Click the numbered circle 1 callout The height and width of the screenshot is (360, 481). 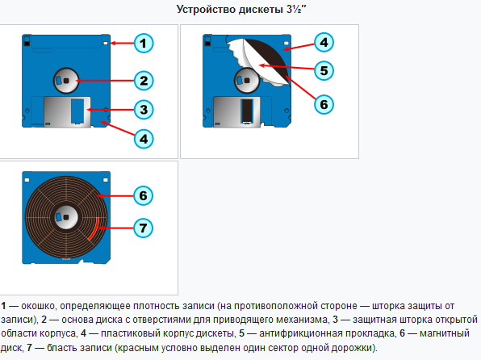[x=144, y=44]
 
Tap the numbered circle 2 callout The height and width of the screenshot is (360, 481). [x=144, y=81]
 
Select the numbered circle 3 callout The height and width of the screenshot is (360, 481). [x=144, y=110]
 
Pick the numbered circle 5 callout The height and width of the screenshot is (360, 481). [x=324, y=70]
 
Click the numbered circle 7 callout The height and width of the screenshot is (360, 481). [x=144, y=228]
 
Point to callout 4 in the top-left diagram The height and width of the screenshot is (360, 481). [x=144, y=139]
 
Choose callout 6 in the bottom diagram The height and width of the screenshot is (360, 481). [x=144, y=196]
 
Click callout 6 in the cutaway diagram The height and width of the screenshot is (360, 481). [x=324, y=104]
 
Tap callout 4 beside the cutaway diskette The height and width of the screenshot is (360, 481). [x=324, y=42]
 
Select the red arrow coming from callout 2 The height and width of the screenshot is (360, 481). [x=105, y=81]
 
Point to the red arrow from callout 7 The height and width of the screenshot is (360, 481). [x=116, y=228]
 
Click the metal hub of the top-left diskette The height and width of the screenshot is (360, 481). [x=66, y=81]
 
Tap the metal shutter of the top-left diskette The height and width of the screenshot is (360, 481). [x=68, y=111]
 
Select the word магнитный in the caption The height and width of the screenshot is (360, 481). [x=445, y=333]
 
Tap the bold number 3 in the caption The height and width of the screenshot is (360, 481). [x=335, y=320]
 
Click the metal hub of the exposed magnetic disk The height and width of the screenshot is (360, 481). [x=66, y=217]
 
